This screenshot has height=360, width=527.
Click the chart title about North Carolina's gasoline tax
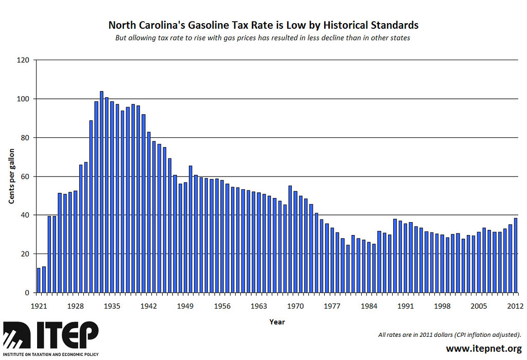[263, 25]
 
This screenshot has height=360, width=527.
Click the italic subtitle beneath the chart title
[263, 38]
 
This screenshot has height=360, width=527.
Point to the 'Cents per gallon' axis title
[11, 176]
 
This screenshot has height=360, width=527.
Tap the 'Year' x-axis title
[276, 322]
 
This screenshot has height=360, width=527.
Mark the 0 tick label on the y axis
[28, 293]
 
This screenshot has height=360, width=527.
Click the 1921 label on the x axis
[39, 305]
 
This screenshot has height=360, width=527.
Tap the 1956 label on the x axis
[222, 305]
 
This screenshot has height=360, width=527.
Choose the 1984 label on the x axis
[368, 305]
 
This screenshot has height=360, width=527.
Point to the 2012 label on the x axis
[515, 305]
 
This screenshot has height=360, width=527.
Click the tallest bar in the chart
[101, 192]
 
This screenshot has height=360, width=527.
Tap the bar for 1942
[149, 212]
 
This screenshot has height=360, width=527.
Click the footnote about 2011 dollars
[449, 335]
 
